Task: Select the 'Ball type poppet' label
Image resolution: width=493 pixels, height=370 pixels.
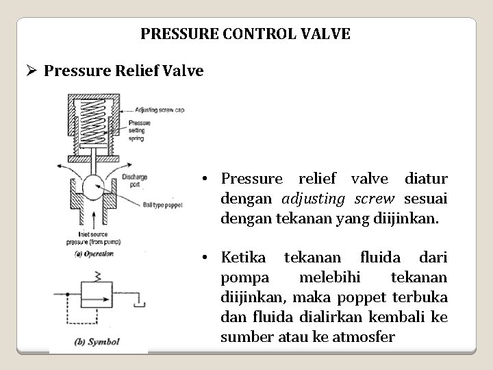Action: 162,204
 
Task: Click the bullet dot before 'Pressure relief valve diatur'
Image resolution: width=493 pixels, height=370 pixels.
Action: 205,180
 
